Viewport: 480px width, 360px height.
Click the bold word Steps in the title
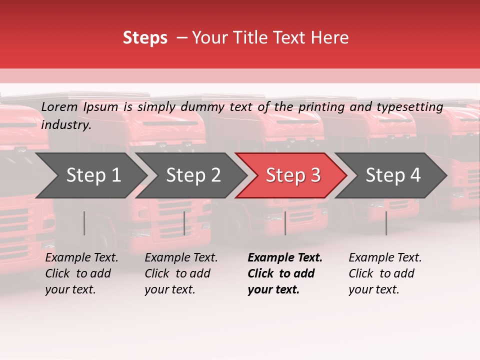(145, 38)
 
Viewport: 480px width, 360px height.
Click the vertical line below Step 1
(84, 223)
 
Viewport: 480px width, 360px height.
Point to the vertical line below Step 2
(184, 223)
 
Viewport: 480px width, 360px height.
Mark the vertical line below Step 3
(285, 223)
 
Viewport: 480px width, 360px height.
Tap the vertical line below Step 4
(386, 223)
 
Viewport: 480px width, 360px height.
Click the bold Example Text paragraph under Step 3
(285, 273)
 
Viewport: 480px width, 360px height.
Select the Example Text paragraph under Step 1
(81, 273)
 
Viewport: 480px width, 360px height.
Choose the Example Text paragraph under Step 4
(385, 273)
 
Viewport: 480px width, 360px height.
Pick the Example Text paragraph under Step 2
(181, 273)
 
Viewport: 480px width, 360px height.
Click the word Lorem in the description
(59, 107)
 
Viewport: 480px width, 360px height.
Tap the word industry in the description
(66, 125)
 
